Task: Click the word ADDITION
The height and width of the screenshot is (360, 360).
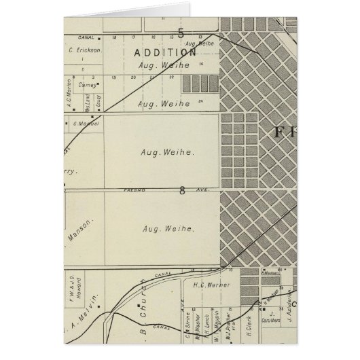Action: [x=165, y=52]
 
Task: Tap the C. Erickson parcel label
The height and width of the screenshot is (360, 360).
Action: [x=84, y=50]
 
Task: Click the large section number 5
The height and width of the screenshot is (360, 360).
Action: [x=181, y=33]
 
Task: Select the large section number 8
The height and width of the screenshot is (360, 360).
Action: [x=182, y=192]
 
